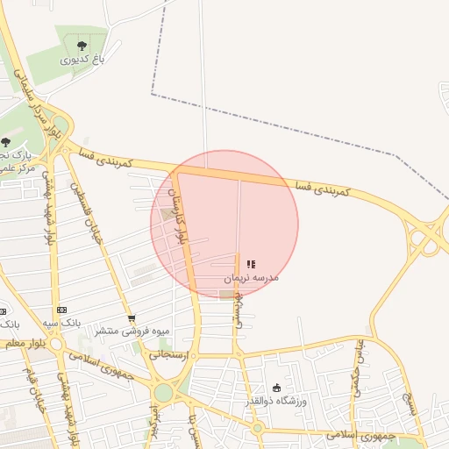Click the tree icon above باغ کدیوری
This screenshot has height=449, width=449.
click(x=82, y=45)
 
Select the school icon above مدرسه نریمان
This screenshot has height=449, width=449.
click(x=251, y=263)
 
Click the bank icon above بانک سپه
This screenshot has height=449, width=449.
click(x=61, y=310)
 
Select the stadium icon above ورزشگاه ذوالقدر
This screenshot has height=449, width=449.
click(x=277, y=388)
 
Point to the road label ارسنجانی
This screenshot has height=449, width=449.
click(x=167, y=355)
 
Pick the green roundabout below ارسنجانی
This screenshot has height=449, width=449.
click(x=164, y=391)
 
